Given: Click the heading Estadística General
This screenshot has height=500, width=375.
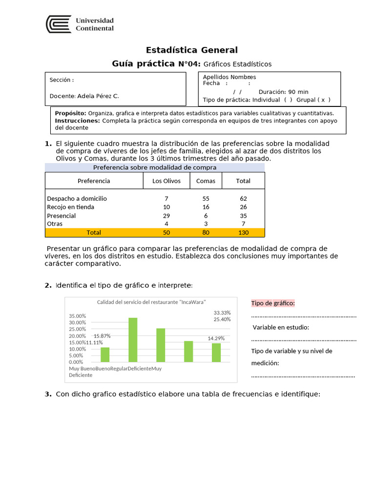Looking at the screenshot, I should [192, 50].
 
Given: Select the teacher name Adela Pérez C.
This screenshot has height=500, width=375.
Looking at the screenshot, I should [98, 96].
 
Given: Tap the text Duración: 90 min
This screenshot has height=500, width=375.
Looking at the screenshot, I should [283, 92].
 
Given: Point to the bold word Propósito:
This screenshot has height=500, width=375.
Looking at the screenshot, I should [70, 113].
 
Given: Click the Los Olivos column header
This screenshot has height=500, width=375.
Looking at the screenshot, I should [166, 181].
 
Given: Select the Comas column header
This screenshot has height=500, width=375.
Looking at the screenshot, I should [206, 181].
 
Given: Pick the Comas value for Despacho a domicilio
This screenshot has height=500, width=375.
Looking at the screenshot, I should [206, 199].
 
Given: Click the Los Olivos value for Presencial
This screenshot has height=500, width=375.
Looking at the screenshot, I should [166, 216].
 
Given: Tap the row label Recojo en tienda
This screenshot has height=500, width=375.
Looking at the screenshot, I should [70, 207].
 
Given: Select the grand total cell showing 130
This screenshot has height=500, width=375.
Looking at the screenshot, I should [243, 233].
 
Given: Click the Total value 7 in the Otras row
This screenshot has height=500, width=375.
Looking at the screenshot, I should [243, 224].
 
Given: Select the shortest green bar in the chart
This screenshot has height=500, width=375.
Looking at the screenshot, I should [105, 354].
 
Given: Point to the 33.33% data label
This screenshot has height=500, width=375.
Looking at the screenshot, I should [222, 312].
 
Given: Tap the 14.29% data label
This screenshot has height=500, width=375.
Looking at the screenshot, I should [216, 338].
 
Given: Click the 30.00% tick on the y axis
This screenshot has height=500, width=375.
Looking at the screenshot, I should [78, 322].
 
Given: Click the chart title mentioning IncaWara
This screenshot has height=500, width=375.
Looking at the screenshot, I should [151, 302].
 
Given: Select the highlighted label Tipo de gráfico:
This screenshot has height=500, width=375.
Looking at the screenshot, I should [273, 303].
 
